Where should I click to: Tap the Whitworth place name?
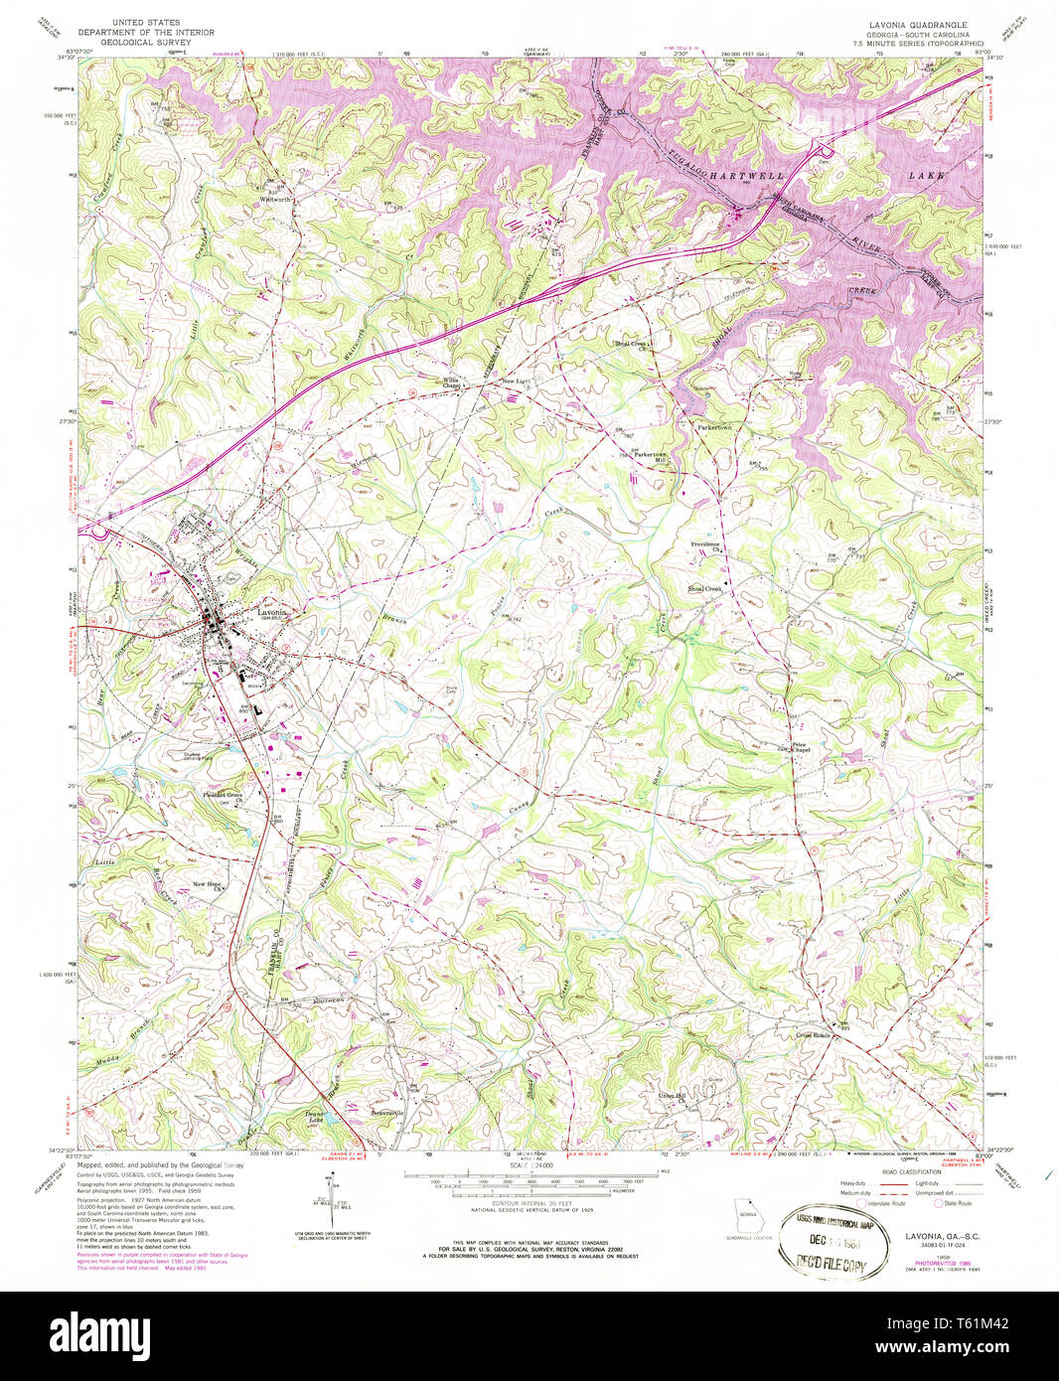click(274, 200)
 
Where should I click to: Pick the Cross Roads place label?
click(812, 1034)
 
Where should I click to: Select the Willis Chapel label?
click(452, 383)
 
